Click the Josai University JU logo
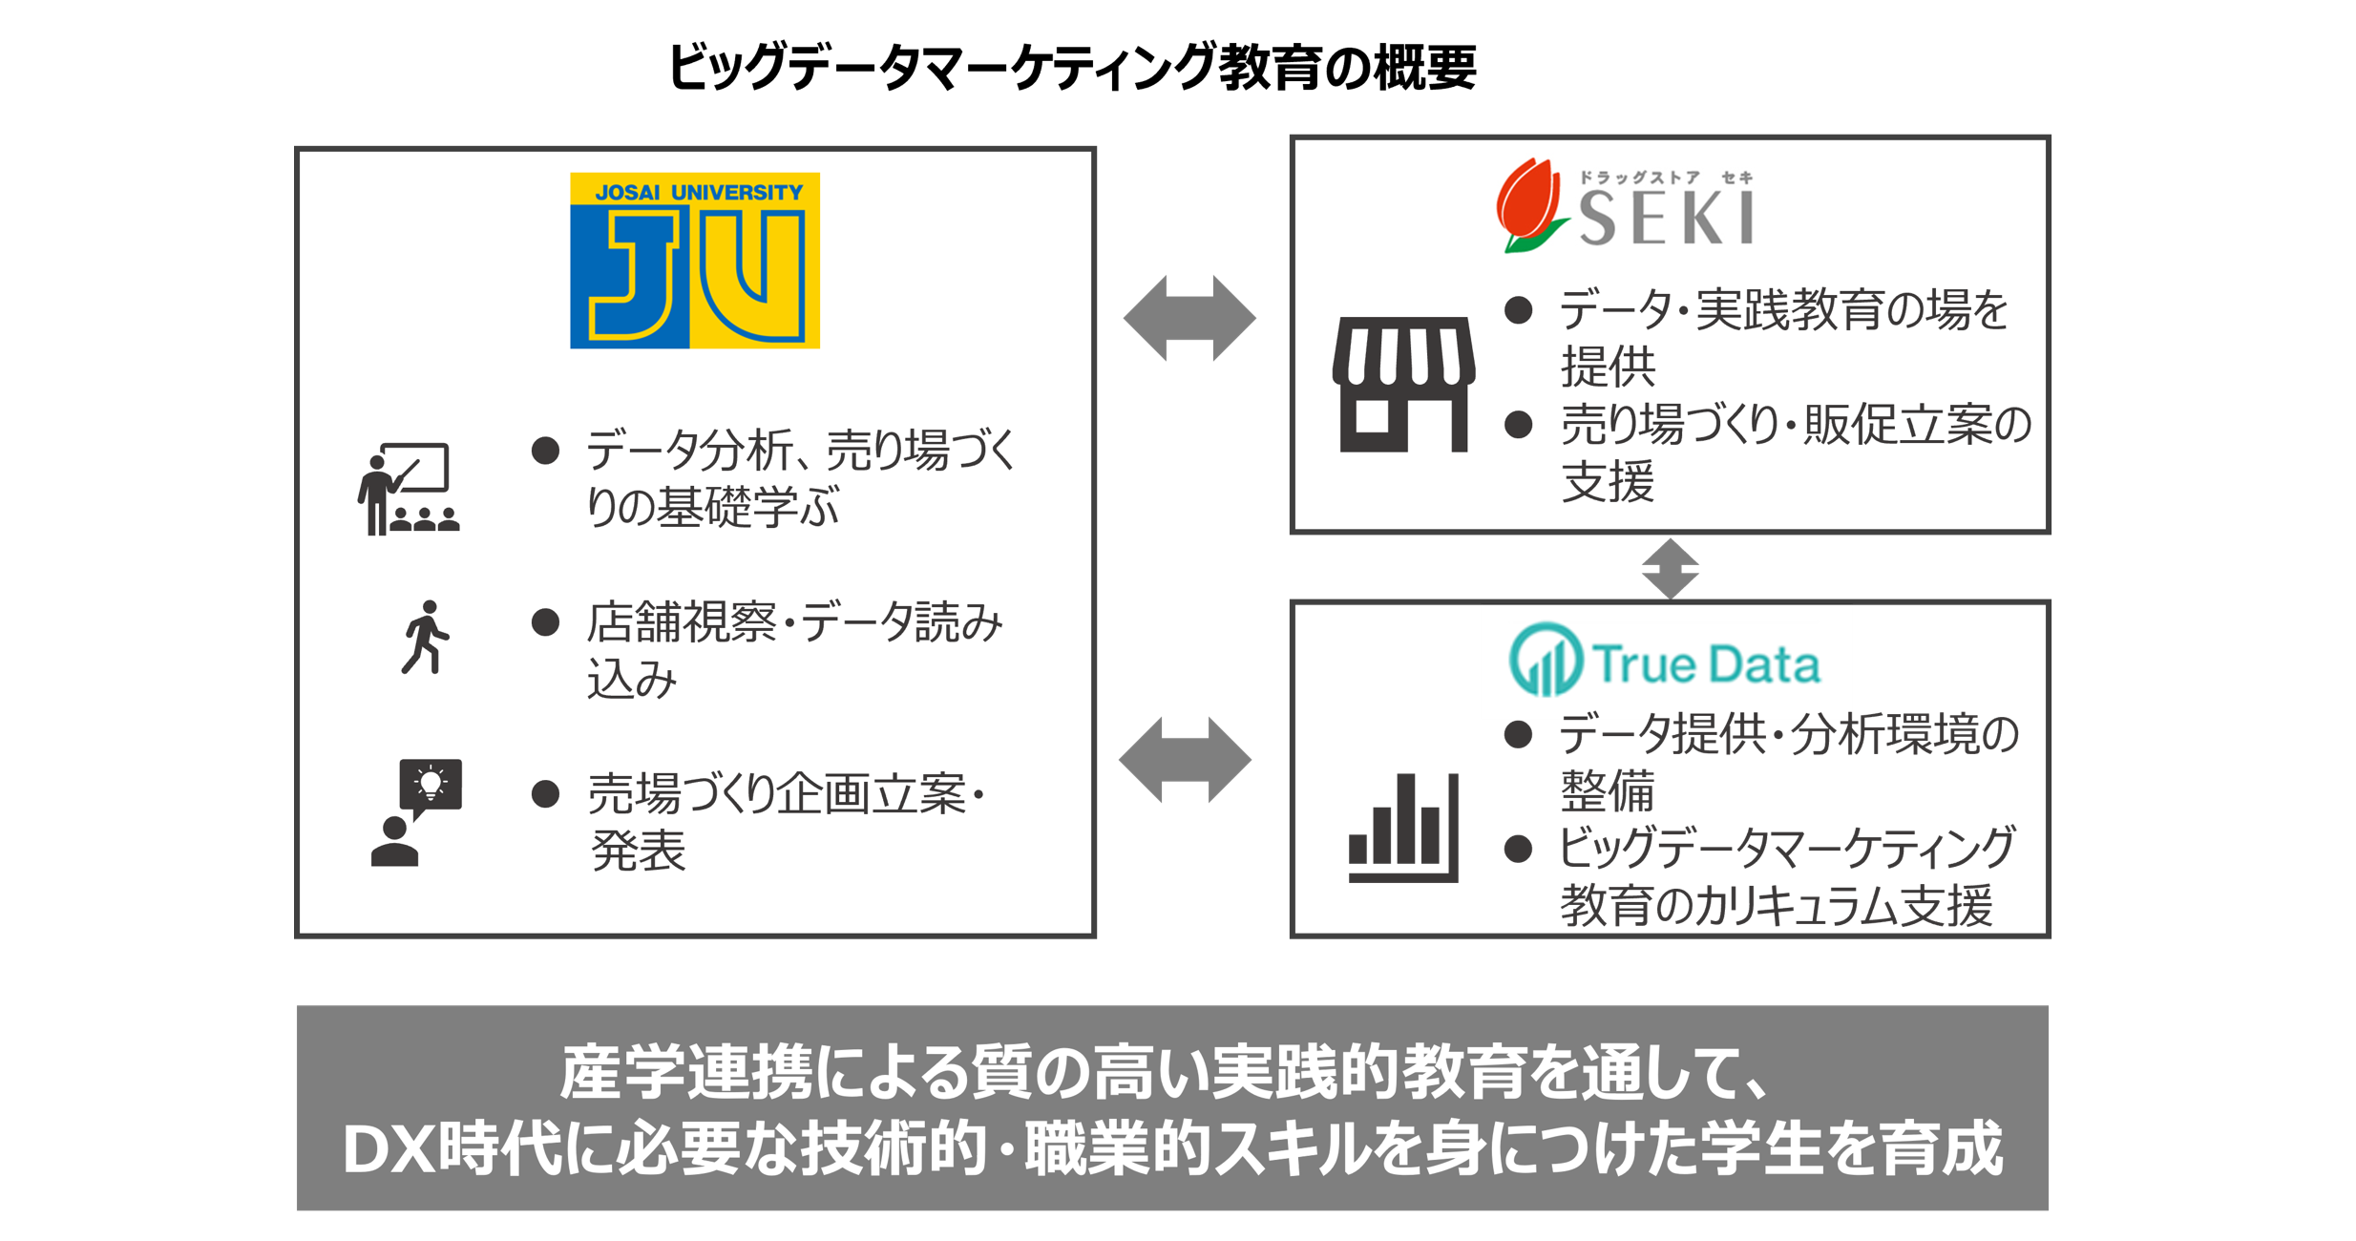pyautogui.click(x=694, y=261)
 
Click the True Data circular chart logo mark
pyautogui.click(x=1546, y=660)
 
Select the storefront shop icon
pyautogui.click(x=1402, y=384)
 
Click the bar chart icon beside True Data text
pyautogui.click(x=1402, y=827)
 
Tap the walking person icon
pyautogui.click(x=425, y=637)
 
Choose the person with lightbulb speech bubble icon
pyautogui.click(x=416, y=812)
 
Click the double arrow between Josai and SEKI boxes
pyautogui.click(x=1189, y=318)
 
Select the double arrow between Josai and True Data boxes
pyautogui.click(x=1185, y=760)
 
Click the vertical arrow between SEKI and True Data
pyautogui.click(x=1670, y=569)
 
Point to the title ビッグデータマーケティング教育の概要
pyautogui.click(x=1071, y=67)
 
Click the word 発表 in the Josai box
pyautogui.click(x=638, y=851)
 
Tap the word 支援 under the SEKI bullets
pyautogui.click(x=1608, y=481)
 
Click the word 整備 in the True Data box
pyautogui.click(x=1608, y=790)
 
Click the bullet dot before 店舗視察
pyautogui.click(x=545, y=623)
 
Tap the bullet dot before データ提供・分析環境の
pyautogui.click(x=1518, y=734)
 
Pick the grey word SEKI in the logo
pyautogui.click(x=1666, y=218)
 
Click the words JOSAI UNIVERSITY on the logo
pyautogui.click(x=699, y=192)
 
